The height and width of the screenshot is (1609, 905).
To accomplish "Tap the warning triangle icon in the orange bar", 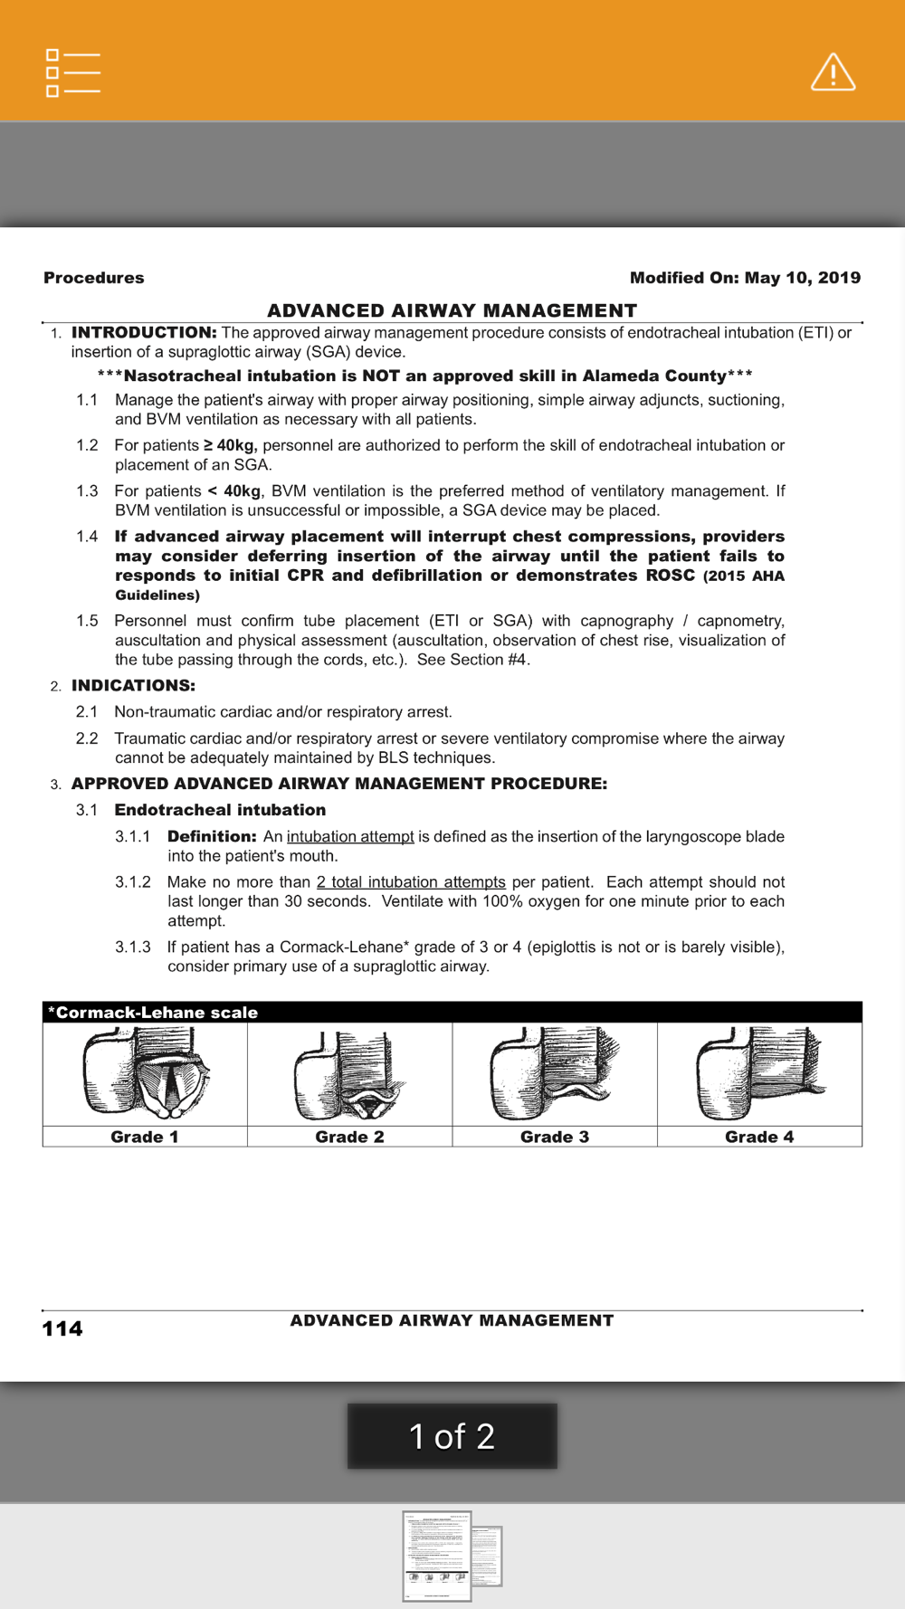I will [x=833, y=72].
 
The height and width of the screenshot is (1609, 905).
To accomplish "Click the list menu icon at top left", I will [x=72, y=73].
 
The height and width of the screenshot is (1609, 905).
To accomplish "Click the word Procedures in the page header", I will [x=94, y=278].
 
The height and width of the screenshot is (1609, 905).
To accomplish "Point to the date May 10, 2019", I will [x=803, y=278].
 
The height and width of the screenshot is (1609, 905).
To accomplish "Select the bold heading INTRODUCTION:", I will [x=144, y=333].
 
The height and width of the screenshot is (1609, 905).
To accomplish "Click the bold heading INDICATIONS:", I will [x=133, y=686].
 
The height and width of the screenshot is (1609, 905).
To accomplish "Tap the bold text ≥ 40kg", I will [x=230, y=445].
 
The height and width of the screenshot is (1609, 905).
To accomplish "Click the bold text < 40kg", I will [x=234, y=491].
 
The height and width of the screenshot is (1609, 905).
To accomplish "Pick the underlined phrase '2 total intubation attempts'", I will [x=411, y=882].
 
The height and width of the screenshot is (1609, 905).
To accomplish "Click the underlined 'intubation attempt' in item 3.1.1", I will [x=350, y=837].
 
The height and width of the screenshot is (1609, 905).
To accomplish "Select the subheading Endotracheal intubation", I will [x=220, y=810].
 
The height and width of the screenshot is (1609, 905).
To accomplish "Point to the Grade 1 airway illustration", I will [x=146, y=1073].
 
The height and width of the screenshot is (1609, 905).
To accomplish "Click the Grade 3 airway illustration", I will [x=555, y=1073].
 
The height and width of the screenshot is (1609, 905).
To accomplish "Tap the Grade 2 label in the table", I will [x=349, y=1137].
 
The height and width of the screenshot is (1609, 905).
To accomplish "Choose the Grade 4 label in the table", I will [x=759, y=1137].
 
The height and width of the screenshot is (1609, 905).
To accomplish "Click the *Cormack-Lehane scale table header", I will [x=153, y=1013].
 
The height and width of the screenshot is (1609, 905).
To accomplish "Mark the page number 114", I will [x=62, y=1328].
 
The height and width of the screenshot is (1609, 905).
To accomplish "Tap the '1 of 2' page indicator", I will [x=452, y=1436].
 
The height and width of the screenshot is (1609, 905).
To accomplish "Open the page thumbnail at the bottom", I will [x=437, y=1556].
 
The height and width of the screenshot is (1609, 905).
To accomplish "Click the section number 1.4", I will [x=87, y=537].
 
